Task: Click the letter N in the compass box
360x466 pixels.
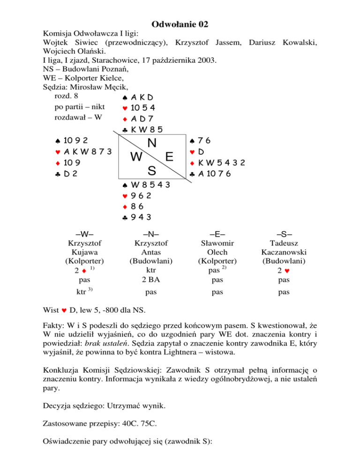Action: [x=152, y=143]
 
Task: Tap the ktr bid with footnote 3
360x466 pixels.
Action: [x=82, y=292]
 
